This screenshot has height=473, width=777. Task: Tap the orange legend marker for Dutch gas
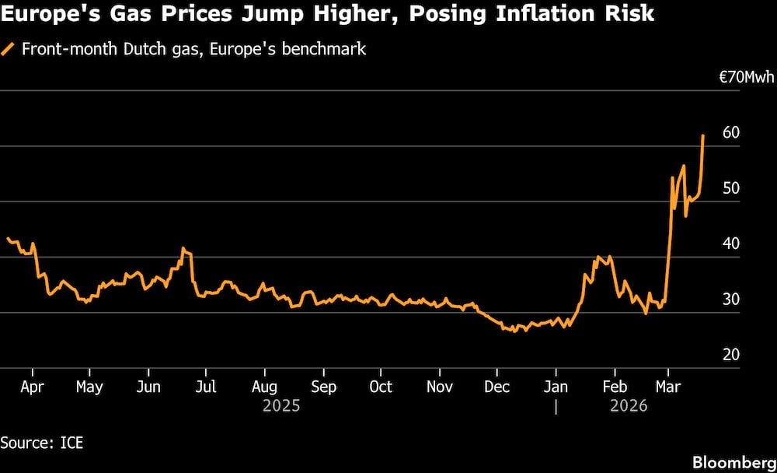pyautogui.click(x=9, y=49)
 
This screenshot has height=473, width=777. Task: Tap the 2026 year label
pyautogui.click(x=629, y=406)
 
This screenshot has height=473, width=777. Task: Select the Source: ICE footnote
pyautogui.click(x=42, y=443)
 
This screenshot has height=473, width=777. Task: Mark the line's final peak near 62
pyautogui.click(x=703, y=135)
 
